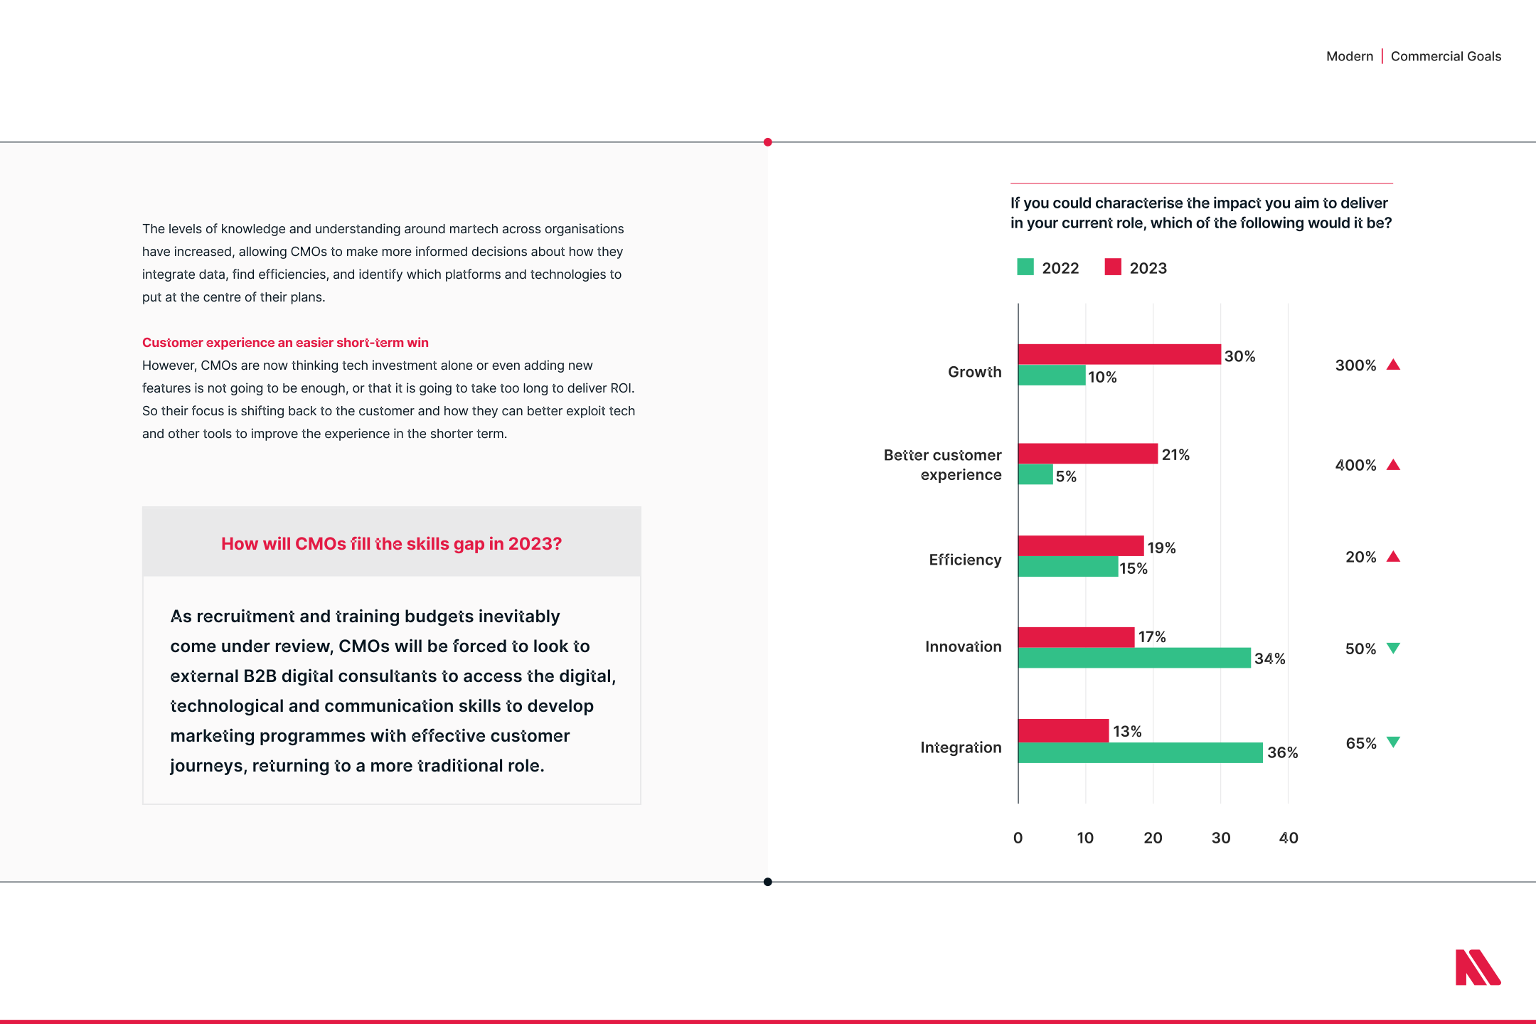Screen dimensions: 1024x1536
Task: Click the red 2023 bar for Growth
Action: tap(1119, 354)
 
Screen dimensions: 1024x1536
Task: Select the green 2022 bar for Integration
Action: tap(1140, 752)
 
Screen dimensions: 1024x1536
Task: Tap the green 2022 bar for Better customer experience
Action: tap(1035, 474)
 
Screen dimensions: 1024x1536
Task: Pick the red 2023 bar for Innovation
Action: tap(1076, 637)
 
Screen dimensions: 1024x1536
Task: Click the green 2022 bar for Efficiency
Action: tap(1067, 567)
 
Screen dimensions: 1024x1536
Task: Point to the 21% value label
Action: tap(1175, 455)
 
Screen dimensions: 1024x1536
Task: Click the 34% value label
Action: tap(1269, 658)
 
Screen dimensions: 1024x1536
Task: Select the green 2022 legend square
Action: tap(1025, 267)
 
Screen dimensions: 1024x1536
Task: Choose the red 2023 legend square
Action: tap(1113, 267)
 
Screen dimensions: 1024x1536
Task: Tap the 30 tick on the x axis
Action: tap(1221, 838)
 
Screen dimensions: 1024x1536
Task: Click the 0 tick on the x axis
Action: tap(1018, 838)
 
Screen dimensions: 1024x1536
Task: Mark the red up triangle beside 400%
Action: tap(1394, 465)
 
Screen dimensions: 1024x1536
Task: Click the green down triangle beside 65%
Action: tap(1394, 742)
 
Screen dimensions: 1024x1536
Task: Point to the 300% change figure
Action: tap(1355, 366)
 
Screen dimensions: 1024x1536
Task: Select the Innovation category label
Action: tap(963, 646)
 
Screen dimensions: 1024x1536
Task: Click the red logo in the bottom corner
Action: tap(1478, 968)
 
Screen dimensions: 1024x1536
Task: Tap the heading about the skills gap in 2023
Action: tap(391, 544)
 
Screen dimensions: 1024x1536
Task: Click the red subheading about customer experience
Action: tap(285, 343)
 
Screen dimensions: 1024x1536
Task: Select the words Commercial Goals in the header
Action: tap(1446, 56)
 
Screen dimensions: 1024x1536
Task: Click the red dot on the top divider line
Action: tap(768, 142)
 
